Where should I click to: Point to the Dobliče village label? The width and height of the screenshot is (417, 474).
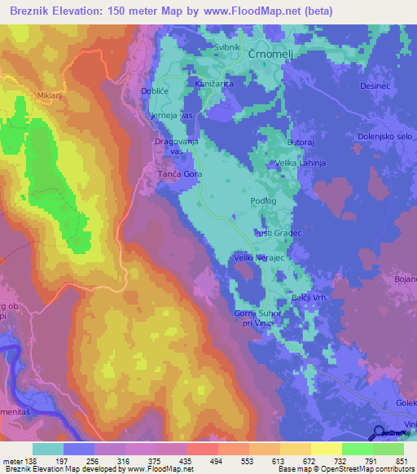click(155, 92)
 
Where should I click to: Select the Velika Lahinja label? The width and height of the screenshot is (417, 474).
click(299, 164)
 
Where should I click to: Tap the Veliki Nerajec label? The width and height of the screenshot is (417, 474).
click(259, 257)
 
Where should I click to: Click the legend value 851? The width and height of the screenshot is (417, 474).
click(400, 461)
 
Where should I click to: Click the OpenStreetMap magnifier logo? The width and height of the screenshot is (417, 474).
click(380, 432)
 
